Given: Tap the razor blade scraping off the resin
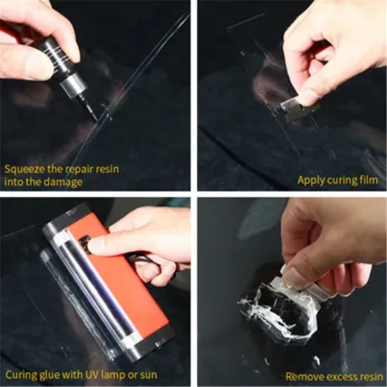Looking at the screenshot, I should pyautogui.click(x=297, y=281).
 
